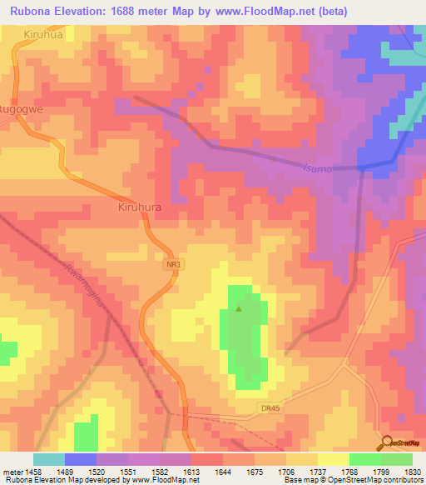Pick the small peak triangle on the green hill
(x=240, y=309)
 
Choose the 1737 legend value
(x=296, y=471)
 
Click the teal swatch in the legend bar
(x=49, y=459)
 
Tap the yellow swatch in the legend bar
(x=334, y=459)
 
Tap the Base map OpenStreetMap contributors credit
(x=352, y=480)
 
